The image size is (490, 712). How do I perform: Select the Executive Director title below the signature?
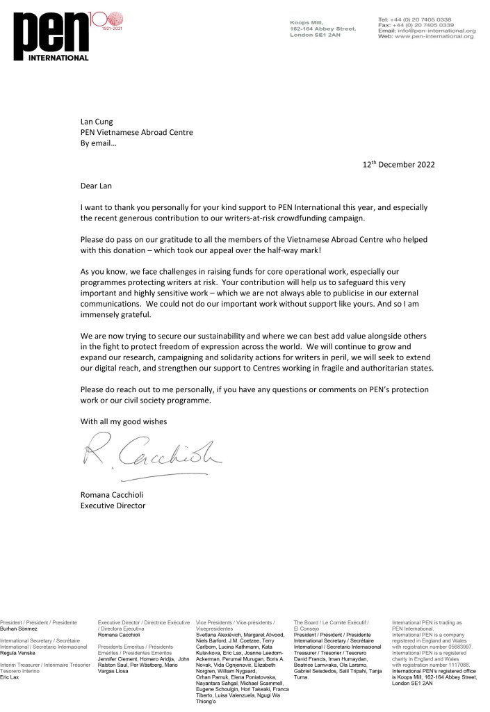113,505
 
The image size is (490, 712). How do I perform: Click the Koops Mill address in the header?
322,29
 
